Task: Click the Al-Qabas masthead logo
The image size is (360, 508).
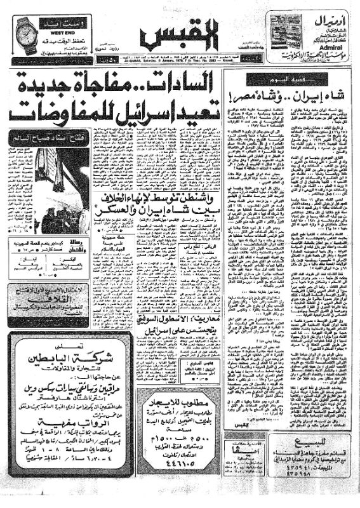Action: (x=180, y=35)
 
